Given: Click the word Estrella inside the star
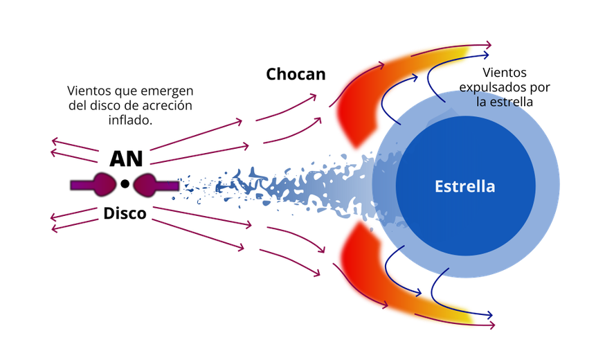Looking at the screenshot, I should (464, 186).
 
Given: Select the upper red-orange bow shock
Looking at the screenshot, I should (360, 104).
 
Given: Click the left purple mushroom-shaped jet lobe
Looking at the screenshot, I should (102, 185).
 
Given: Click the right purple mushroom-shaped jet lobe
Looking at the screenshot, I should (147, 185).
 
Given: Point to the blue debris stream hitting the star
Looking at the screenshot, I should (291, 186).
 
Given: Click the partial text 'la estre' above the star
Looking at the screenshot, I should (497, 102).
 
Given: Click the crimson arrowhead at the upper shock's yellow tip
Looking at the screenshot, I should (488, 45).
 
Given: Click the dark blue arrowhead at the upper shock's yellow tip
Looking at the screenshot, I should (485, 55).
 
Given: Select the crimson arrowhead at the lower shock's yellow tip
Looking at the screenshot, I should (491, 325).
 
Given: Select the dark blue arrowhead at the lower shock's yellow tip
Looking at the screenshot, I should (488, 315).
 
